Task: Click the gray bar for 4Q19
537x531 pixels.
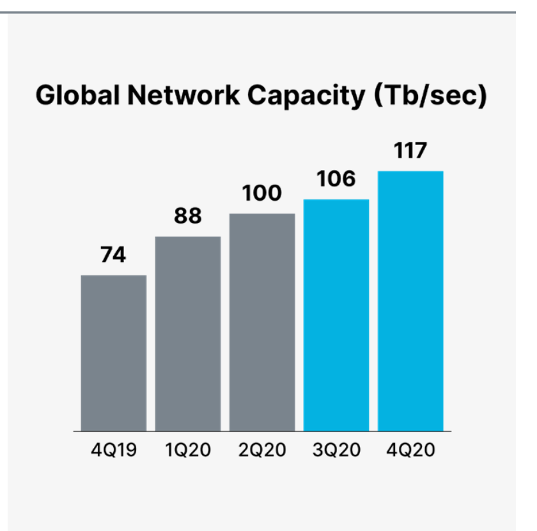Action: coord(114,353)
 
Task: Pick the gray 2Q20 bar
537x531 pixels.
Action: coord(262,322)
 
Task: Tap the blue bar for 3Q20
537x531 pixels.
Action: coord(336,315)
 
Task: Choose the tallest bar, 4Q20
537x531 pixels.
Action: coord(410,301)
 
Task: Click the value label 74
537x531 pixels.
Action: coord(114,256)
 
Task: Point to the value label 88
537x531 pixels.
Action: coord(188,217)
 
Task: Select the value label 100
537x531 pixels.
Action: coord(262,194)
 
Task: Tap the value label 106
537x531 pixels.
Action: coord(336,180)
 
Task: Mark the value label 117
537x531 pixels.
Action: coord(410,151)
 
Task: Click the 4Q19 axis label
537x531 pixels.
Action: coord(114,450)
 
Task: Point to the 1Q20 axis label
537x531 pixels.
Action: coord(188,450)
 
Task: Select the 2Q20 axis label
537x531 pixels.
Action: coord(262,450)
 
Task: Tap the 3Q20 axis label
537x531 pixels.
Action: coord(336,450)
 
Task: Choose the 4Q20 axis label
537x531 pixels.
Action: coord(410,450)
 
